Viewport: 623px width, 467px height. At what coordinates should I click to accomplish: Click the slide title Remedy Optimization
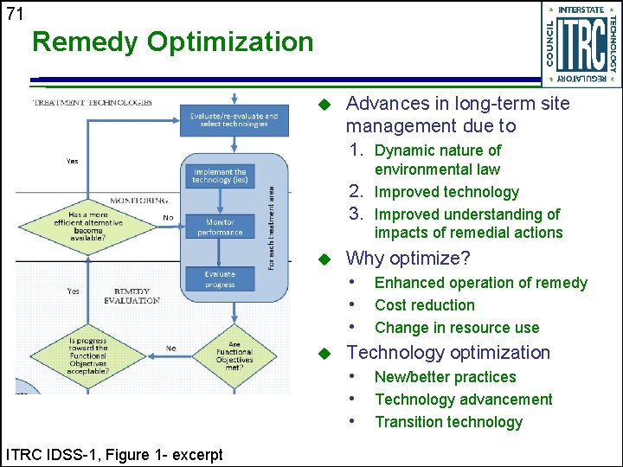point(172,42)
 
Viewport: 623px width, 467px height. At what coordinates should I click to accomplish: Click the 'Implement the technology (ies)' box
point(220,176)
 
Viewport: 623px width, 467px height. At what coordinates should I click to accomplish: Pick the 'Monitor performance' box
point(220,227)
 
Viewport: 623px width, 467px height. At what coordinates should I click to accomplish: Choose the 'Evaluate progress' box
point(220,279)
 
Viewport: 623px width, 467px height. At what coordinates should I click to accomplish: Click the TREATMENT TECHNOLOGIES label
point(92,102)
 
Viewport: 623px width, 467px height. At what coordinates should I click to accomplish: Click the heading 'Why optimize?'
point(408,259)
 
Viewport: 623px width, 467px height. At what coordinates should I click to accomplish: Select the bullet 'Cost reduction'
point(424,305)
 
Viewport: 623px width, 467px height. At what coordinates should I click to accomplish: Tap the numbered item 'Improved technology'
point(446,192)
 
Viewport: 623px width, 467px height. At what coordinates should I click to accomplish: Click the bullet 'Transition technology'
point(448,422)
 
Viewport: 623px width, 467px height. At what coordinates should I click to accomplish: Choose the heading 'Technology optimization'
point(448,353)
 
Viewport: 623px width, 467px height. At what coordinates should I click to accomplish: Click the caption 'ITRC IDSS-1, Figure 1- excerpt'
point(114,455)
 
